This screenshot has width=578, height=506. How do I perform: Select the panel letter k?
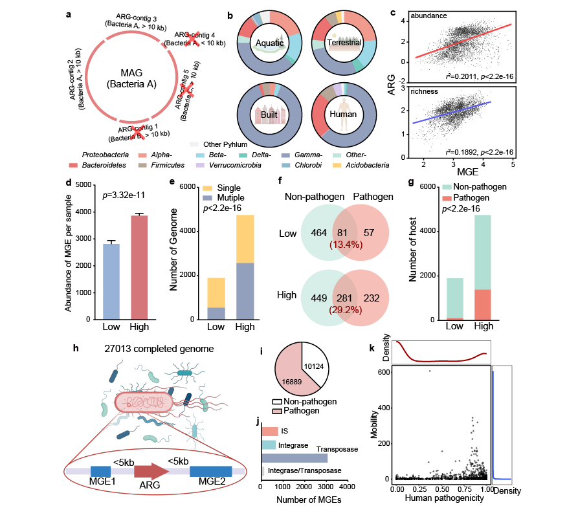point(372,348)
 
